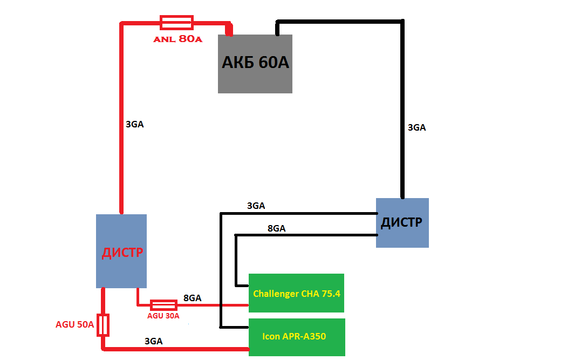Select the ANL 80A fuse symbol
coord(176,22)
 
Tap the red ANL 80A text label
coord(177,39)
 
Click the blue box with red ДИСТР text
coord(121,251)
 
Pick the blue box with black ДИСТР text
coord(402,222)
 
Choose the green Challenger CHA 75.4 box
coord(296,293)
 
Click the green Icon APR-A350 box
coord(296,337)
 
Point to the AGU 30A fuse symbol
coord(163,305)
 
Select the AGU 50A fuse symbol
coord(103,325)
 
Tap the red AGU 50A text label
coord(74,325)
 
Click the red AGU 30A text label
coord(163,316)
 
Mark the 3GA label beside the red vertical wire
coord(134,124)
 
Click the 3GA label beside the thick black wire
coord(416,128)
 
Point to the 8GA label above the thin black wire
coord(276,228)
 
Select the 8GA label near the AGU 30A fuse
coord(192,298)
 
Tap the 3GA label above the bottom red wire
coord(154,341)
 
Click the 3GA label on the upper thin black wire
coord(256,206)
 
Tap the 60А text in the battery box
coord(274,63)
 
